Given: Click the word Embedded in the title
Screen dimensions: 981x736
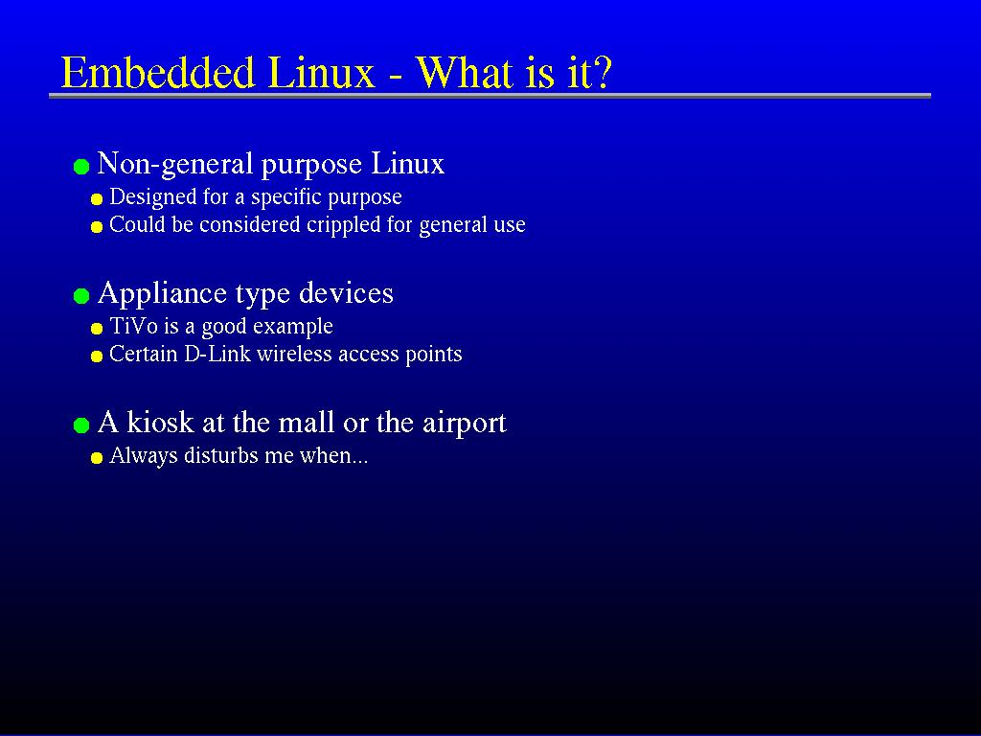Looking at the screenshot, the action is pyautogui.click(x=159, y=72).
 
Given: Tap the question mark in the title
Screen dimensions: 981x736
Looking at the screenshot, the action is pyautogui.click(x=602, y=71).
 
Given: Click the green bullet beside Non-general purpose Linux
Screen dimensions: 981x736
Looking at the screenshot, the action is pyautogui.click(x=81, y=167).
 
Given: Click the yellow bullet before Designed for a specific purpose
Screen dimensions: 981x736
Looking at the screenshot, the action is pyautogui.click(x=97, y=199).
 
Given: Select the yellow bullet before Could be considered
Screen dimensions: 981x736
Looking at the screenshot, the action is pyautogui.click(x=97, y=226).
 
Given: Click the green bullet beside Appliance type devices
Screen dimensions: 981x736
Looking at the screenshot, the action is pyautogui.click(x=81, y=296).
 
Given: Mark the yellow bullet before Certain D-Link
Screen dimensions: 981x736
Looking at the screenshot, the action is pyautogui.click(x=97, y=356).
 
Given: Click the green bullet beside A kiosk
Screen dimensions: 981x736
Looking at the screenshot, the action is pyautogui.click(x=81, y=425).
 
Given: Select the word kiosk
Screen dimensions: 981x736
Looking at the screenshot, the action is pyautogui.click(x=160, y=422).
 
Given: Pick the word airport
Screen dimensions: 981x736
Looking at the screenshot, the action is pyautogui.click(x=465, y=423).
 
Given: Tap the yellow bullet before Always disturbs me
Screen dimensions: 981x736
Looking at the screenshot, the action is pyautogui.click(x=97, y=458).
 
